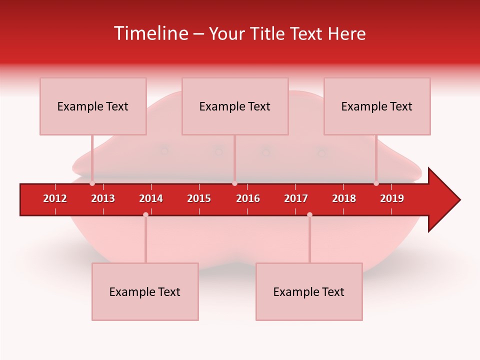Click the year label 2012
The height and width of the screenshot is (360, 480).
point(55,198)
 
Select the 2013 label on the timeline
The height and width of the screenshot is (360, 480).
point(103,198)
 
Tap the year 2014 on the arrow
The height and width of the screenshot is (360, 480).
point(151,198)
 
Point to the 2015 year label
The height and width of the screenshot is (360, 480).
point(199,198)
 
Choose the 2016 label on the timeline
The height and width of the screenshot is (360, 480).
point(248,198)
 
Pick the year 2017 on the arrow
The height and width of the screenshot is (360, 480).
point(296,198)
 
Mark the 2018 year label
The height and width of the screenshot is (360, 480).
point(344,198)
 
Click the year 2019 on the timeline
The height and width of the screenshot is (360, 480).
point(392,198)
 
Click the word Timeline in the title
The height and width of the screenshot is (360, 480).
point(150,33)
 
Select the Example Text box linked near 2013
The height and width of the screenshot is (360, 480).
point(93,106)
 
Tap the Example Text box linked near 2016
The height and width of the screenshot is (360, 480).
point(235,106)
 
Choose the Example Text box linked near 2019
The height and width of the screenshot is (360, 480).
point(377,106)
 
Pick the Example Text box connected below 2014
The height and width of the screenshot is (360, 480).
point(145,291)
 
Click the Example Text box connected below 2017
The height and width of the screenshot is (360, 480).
point(309,291)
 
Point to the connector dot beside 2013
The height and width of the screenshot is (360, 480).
point(92,183)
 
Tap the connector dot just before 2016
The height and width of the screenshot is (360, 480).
point(234,183)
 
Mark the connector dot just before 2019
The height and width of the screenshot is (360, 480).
point(376,183)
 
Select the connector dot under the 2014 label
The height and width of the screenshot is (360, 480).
point(145,214)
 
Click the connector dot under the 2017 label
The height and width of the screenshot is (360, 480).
point(309,214)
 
